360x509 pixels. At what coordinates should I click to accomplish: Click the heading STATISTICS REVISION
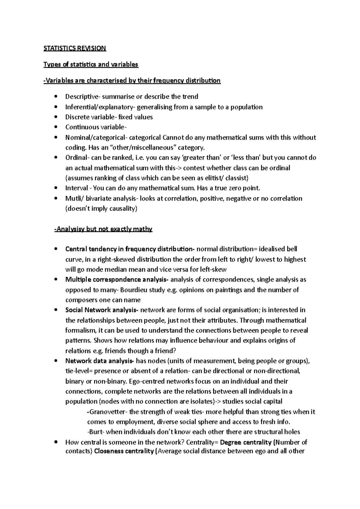(75, 48)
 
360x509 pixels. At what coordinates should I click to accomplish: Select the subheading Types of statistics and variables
(91, 64)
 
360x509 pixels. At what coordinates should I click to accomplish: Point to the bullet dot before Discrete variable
(56, 117)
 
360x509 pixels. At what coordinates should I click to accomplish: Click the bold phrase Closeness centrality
(124, 451)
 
